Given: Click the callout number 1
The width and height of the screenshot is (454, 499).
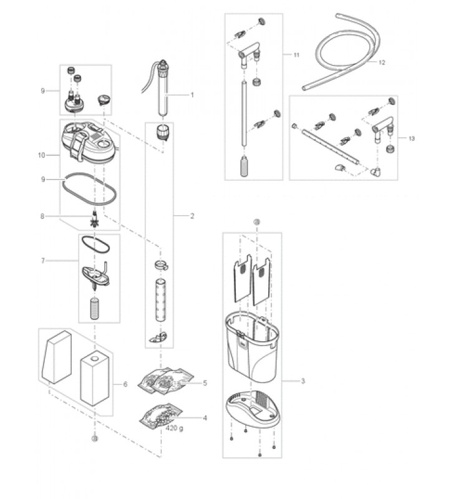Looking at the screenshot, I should click(193, 95).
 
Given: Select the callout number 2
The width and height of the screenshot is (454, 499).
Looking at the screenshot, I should click(193, 216).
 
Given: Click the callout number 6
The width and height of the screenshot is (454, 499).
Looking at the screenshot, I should click(125, 384).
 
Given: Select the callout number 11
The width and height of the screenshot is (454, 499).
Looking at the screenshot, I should click(295, 56).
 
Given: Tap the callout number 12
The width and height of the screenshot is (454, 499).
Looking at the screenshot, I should click(382, 63).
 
